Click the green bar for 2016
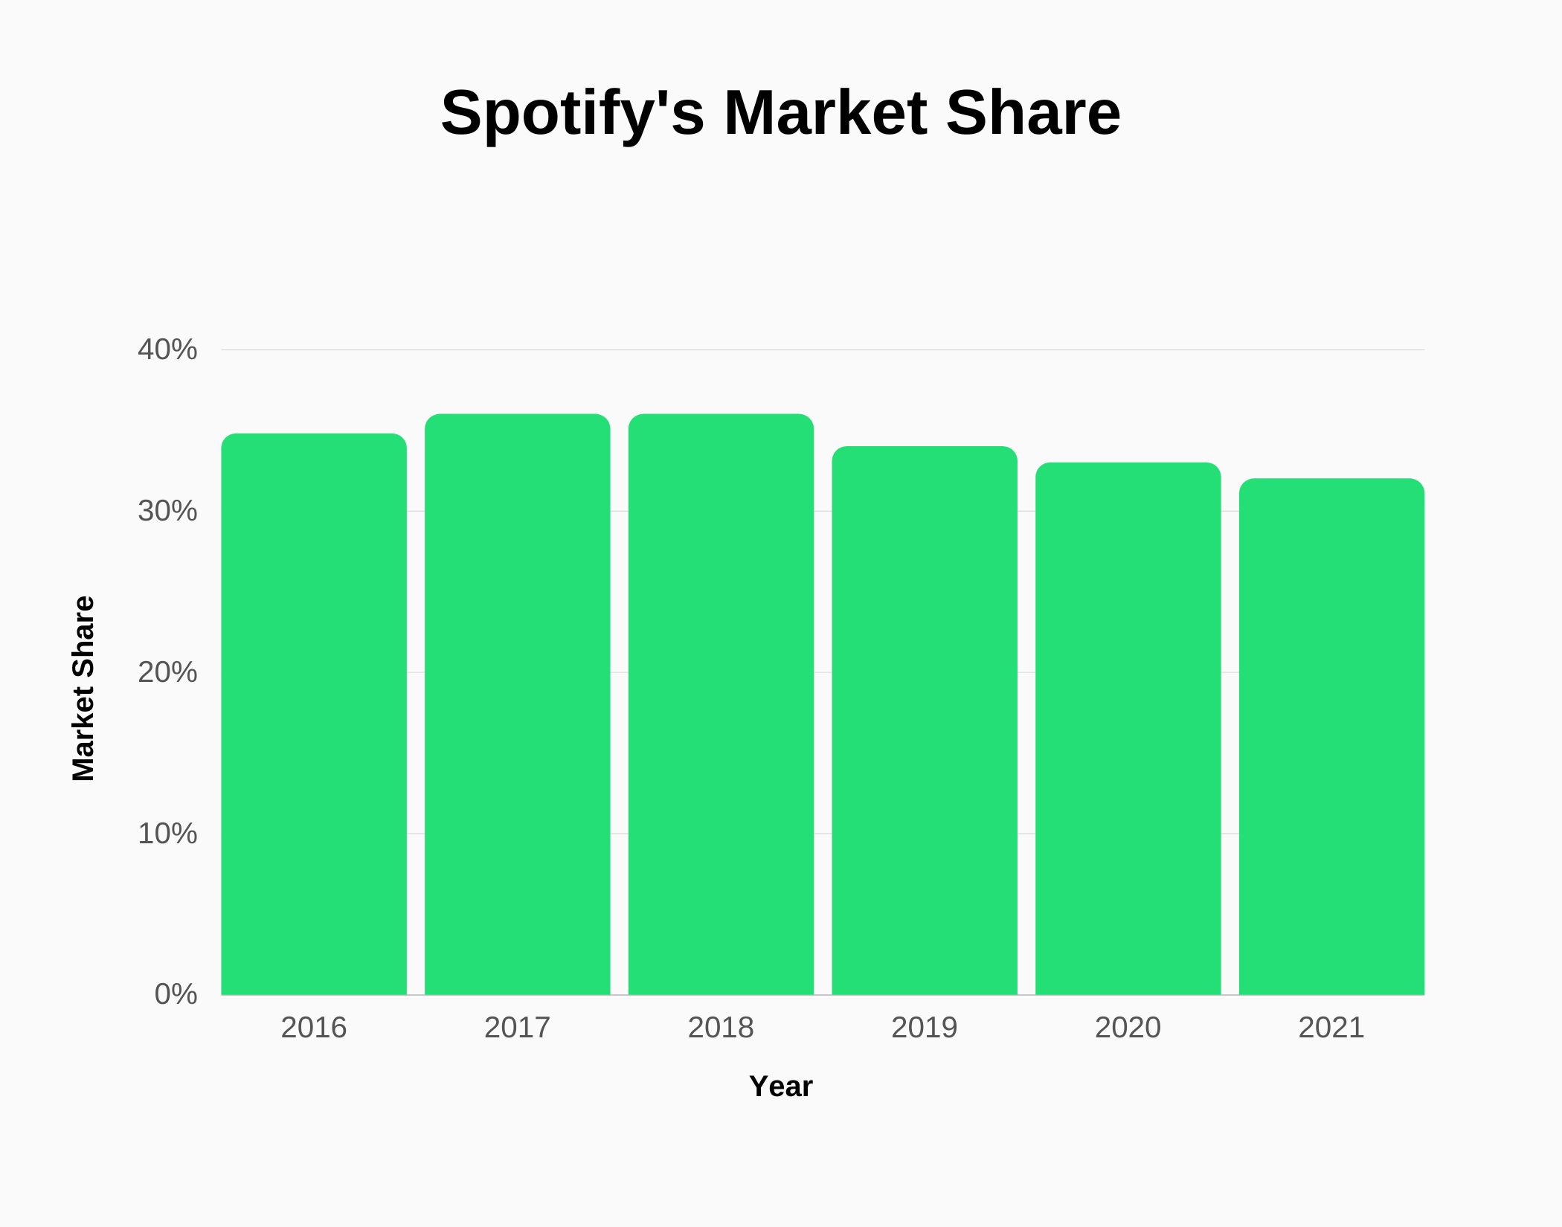click(x=314, y=714)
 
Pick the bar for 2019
click(x=925, y=721)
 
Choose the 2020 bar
click(x=1128, y=729)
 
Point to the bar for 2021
click(x=1331, y=736)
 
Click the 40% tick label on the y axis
click(x=167, y=350)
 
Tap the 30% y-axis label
click(x=167, y=511)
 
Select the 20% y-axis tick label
click(x=167, y=672)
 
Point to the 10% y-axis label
click(x=167, y=834)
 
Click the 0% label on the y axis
click(x=176, y=994)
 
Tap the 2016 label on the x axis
click(x=314, y=1028)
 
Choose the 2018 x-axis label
click(x=721, y=1028)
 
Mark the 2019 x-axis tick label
click(x=925, y=1028)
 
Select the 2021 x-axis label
click(x=1331, y=1028)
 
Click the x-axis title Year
click(x=781, y=1086)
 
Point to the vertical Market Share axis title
click(x=83, y=689)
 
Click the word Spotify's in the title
click(x=572, y=114)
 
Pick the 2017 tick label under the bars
click(x=518, y=1028)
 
